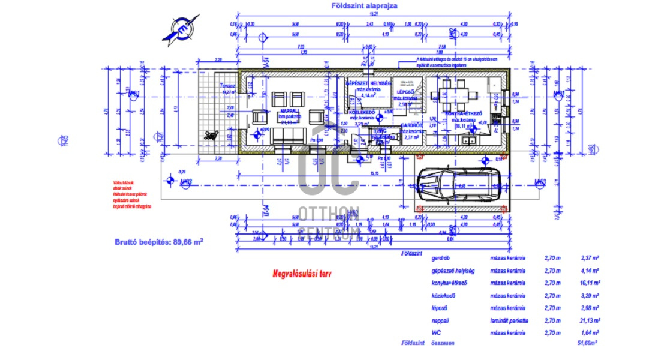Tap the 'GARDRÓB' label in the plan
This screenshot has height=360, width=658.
(x=412, y=125)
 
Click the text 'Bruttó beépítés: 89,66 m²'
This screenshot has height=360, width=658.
(x=158, y=242)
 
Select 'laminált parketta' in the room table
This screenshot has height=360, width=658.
(x=509, y=320)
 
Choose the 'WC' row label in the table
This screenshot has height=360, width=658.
(x=436, y=332)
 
